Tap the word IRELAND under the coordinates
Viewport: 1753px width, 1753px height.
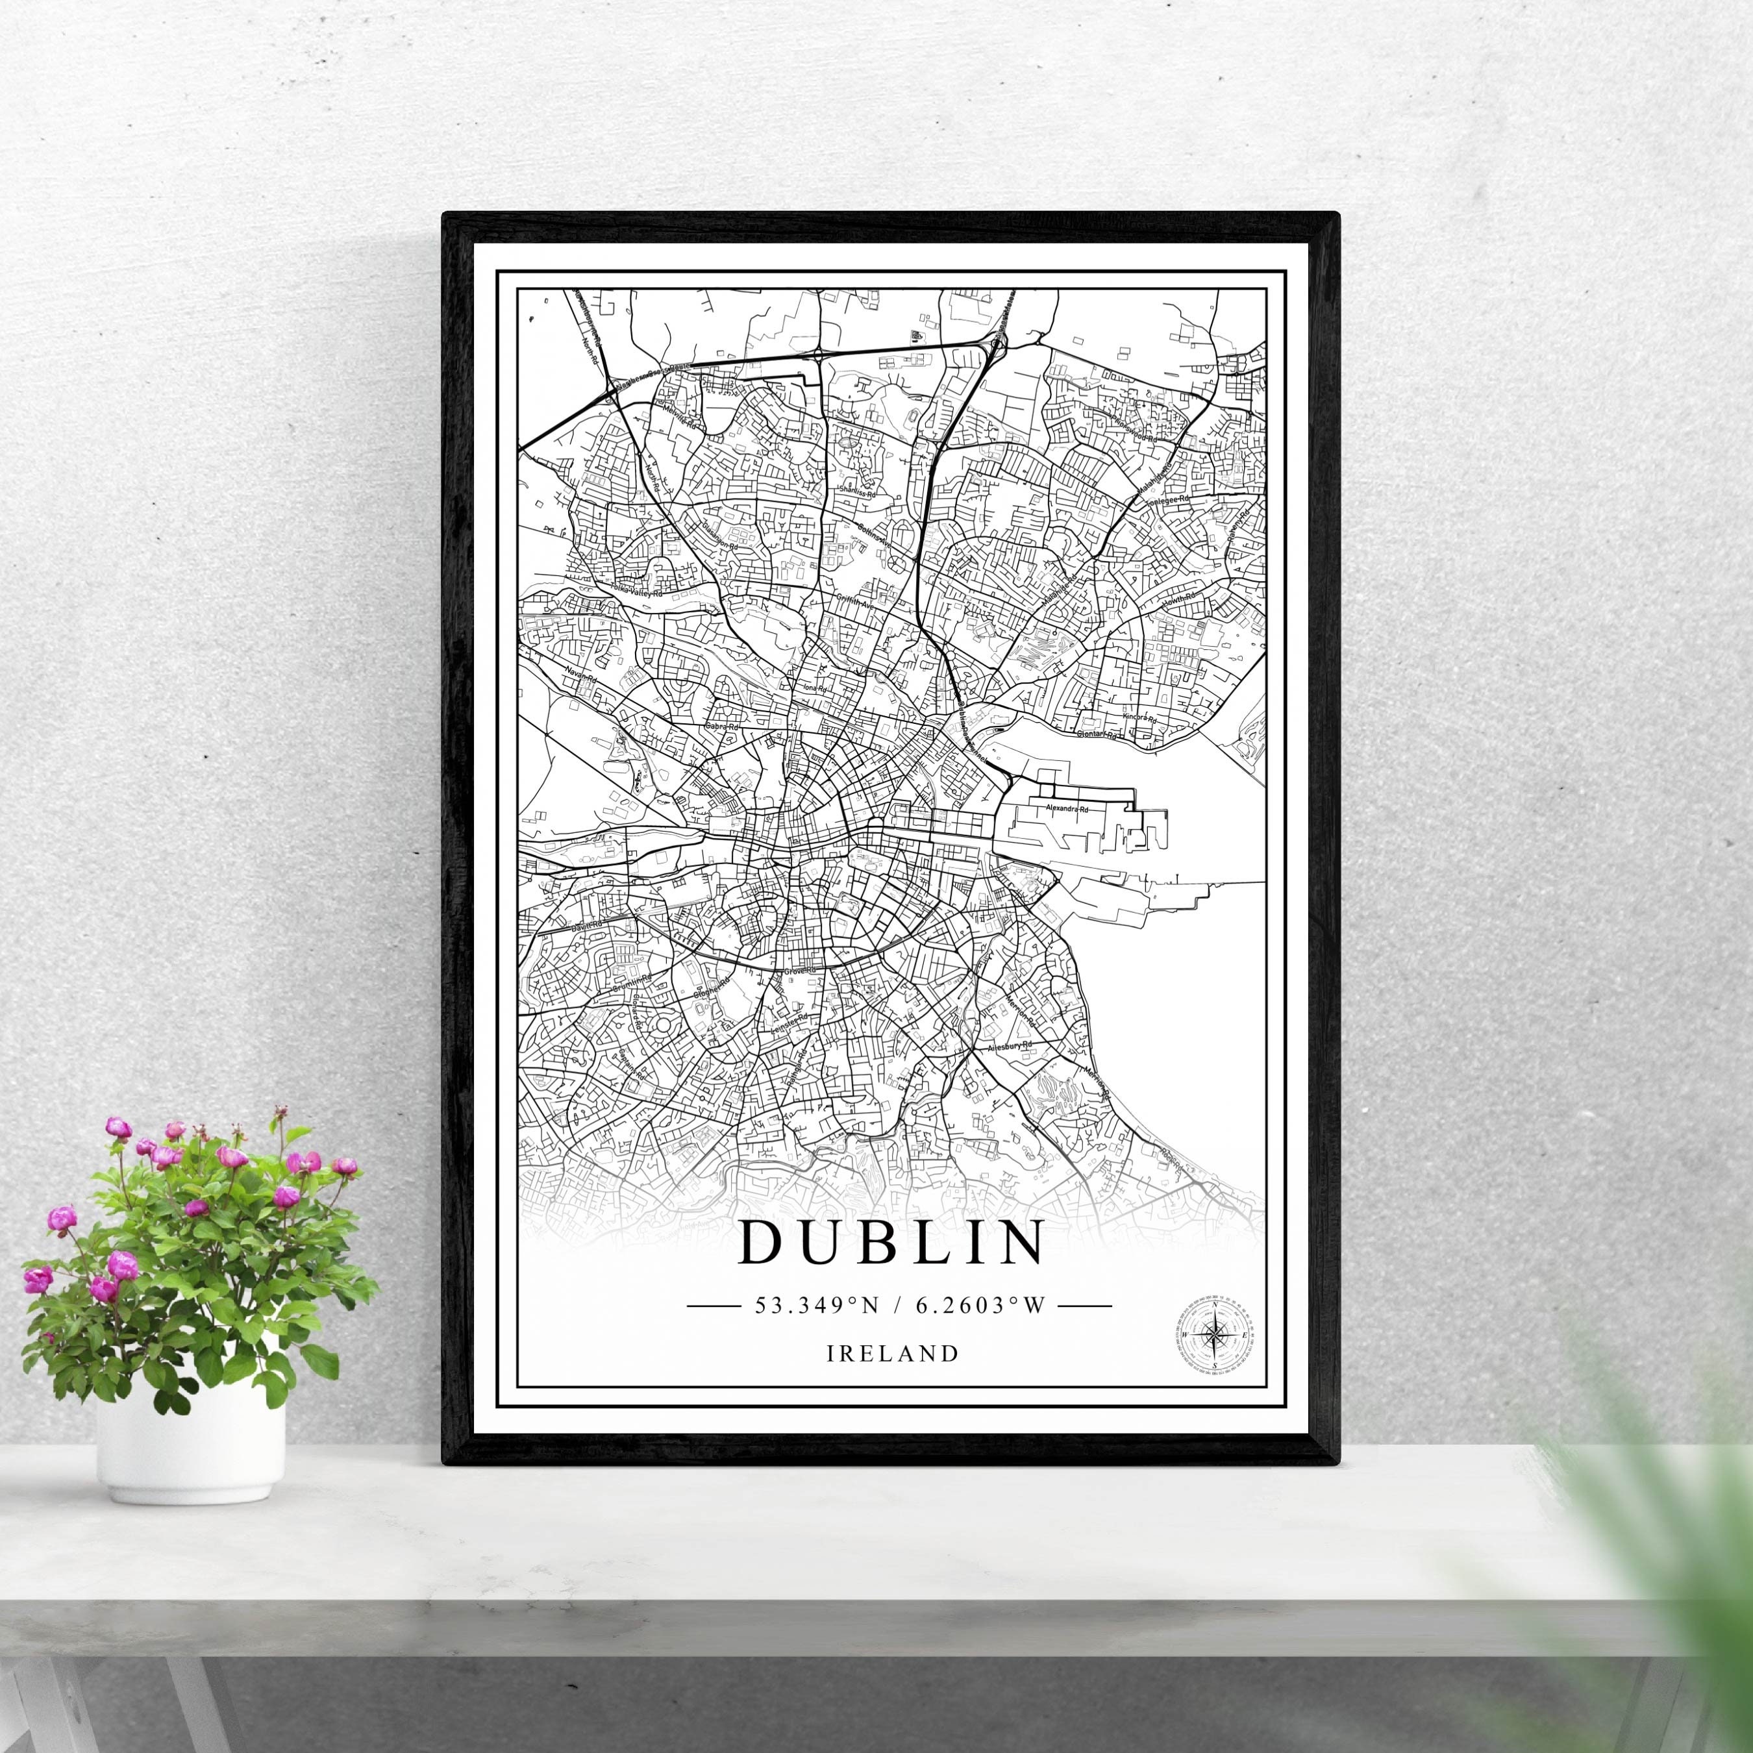pos(893,1354)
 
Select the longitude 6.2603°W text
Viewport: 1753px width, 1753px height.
pos(981,1306)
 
